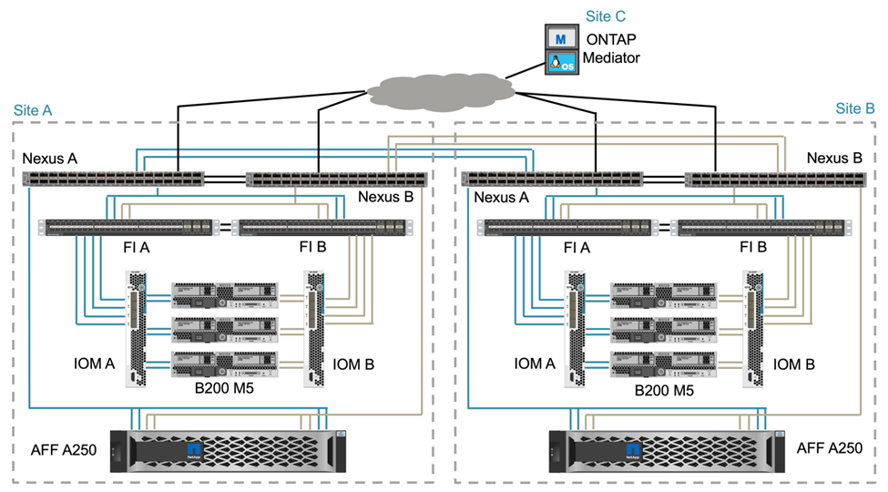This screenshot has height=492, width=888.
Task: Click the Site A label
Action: [x=33, y=110]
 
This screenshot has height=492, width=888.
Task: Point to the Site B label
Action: [x=854, y=108]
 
